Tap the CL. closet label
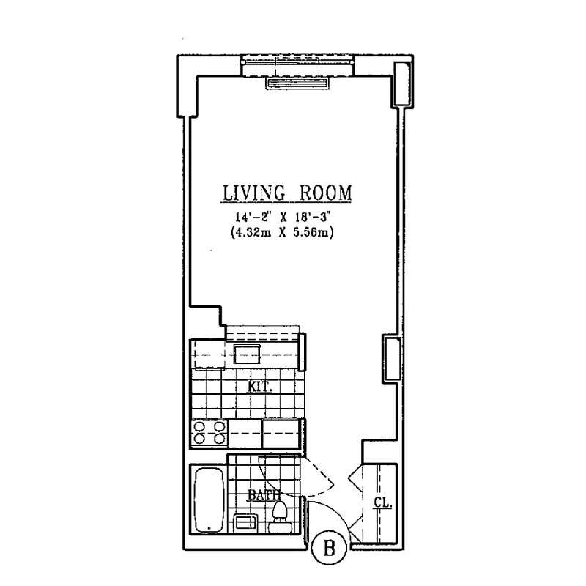tap(382, 503)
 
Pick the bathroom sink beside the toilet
tap(245, 524)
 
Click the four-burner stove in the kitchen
tap(209, 434)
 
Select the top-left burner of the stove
tap(200, 426)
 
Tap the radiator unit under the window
tap(301, 84)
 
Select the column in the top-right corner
tap(401, 84)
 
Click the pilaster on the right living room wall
tap(390, 359)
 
